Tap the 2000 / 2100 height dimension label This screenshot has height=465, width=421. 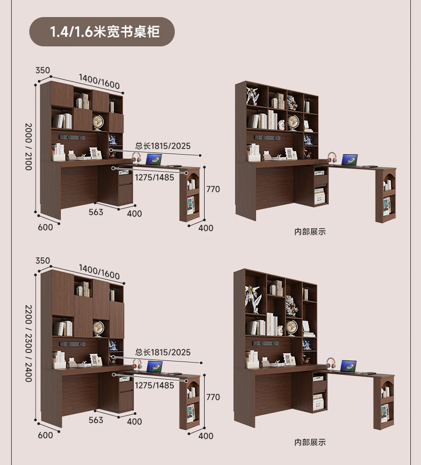28,146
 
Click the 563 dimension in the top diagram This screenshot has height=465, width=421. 96,212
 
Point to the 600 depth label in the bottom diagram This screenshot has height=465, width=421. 46,435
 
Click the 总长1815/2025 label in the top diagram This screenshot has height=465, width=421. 163,146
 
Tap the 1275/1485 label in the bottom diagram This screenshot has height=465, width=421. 154,385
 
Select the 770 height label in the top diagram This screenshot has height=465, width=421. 213,189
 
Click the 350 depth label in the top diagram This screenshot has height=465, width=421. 43,70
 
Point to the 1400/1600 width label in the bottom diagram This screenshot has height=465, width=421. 99,270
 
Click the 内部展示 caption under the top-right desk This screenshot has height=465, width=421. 310,232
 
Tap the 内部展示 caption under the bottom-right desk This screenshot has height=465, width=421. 310,442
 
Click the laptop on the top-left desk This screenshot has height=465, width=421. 154,159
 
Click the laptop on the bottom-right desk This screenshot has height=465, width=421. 349,366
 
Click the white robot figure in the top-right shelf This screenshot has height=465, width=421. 252,96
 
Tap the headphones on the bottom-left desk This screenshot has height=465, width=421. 137,365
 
